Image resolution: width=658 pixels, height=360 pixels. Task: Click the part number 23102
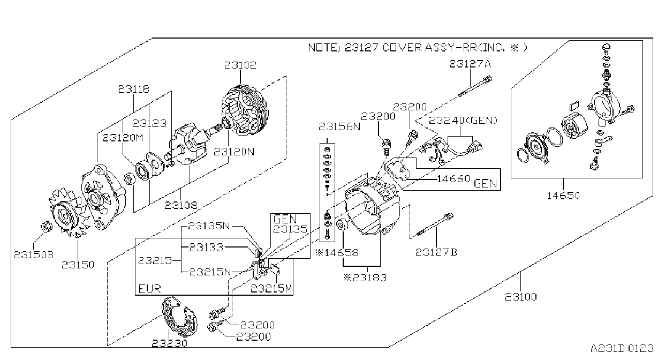(x=240, y=65)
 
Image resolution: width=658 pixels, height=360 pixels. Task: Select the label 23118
(x=134, y=89)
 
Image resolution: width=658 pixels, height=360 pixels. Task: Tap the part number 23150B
(x=34, y=255)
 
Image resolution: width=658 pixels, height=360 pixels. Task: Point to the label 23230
(x=170, y=343)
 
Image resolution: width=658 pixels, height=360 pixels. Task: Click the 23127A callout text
(x=470, y=64)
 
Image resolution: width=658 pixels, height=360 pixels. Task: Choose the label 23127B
(x=436, y=252)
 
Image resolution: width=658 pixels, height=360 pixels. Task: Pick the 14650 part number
(x=563, y=196)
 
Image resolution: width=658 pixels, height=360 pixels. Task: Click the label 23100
(x=521, y=297)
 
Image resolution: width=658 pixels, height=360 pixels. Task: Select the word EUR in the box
(x=149, y=289)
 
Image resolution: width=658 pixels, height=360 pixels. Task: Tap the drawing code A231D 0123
(x=622, y=349)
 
